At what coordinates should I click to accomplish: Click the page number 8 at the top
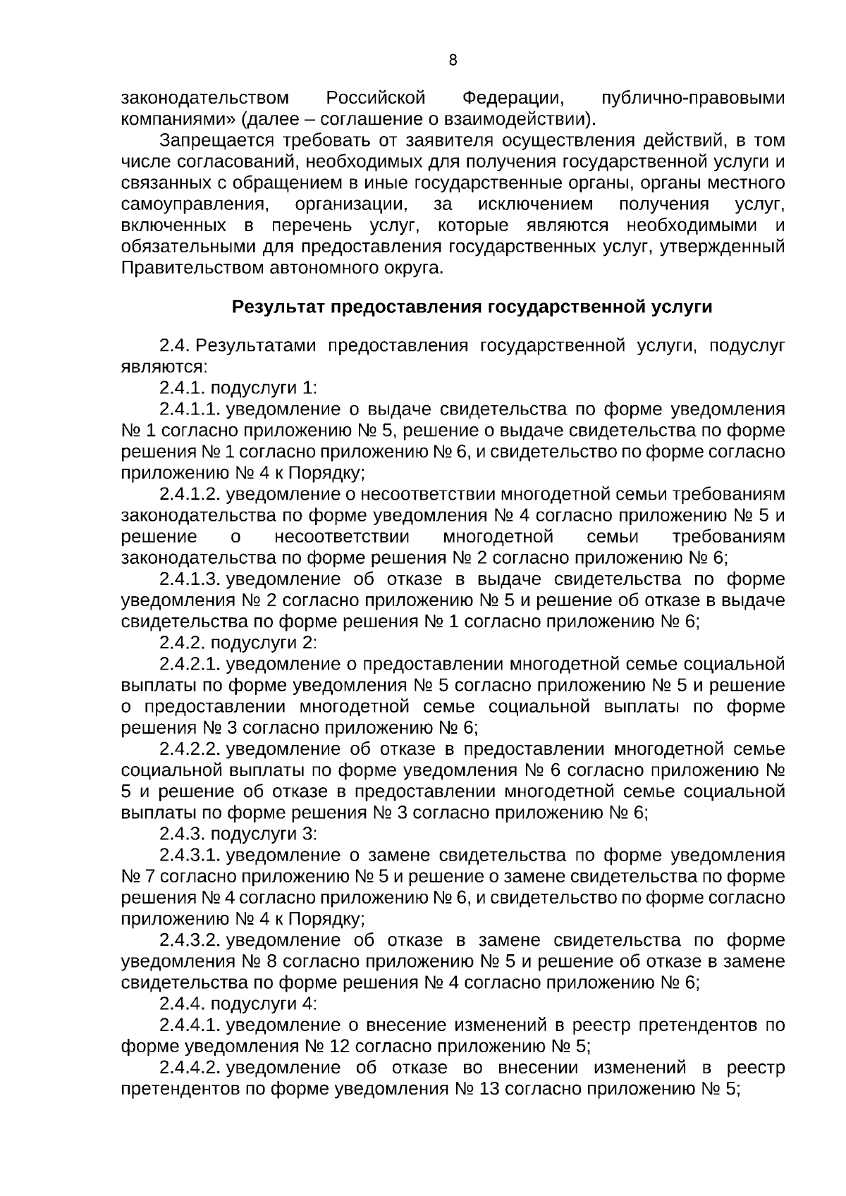(453, 61)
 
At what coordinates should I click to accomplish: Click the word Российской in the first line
(376, 98)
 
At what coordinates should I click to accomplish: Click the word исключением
(536, 205)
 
